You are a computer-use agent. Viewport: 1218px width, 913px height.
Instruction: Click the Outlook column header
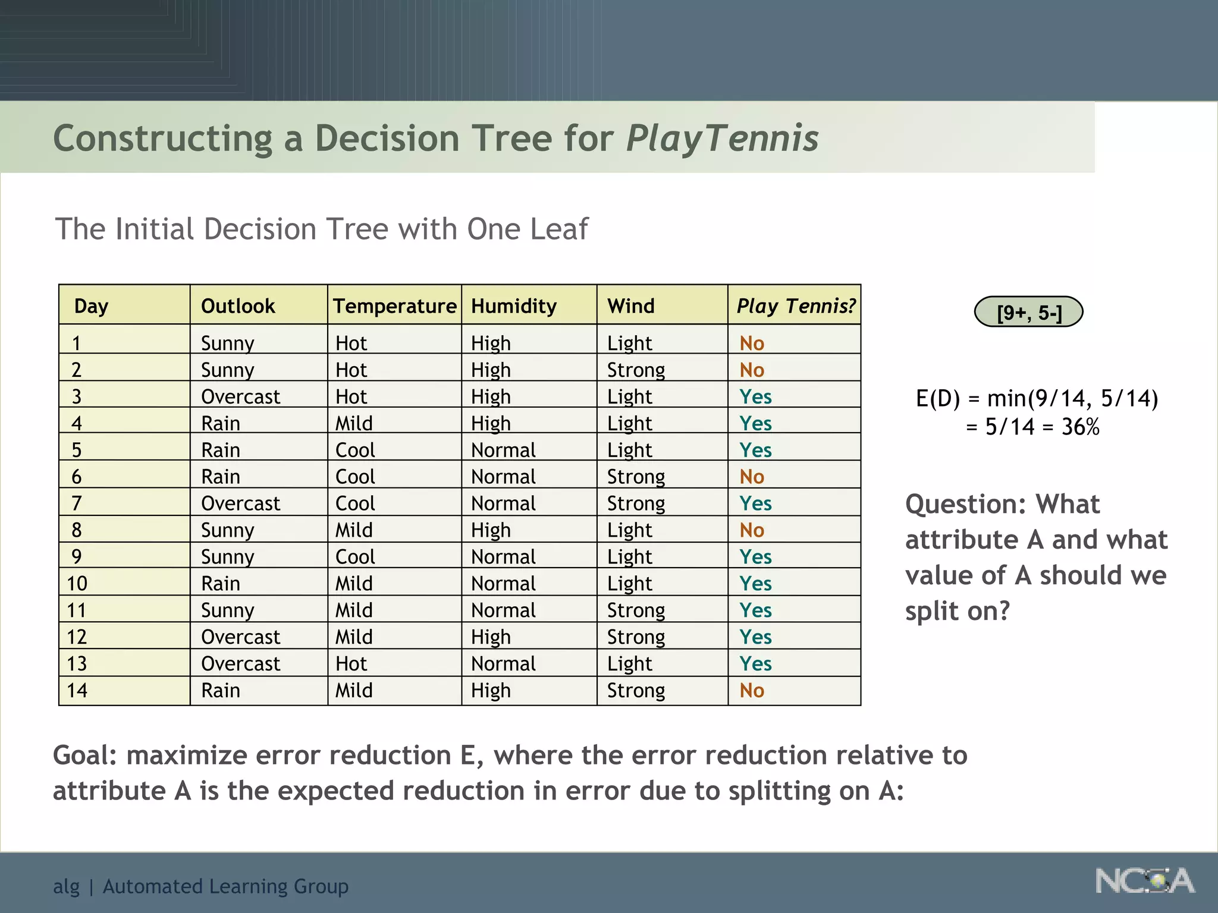(238, 306)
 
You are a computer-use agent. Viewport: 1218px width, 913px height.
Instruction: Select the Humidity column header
(514, 306)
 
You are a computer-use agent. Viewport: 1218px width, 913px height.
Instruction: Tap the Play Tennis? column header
(795, 306)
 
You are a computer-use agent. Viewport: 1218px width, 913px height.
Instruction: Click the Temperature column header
(394, 306)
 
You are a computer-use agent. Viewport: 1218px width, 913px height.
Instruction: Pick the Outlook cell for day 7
(240, 503)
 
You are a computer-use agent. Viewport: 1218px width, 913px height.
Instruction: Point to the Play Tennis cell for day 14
(752, 691)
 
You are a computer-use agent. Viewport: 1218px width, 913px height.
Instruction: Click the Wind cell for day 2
(636, 370)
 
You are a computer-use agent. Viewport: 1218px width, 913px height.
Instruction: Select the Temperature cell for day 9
(355, 557)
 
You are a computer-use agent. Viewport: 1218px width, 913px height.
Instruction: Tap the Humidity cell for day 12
(491, 637)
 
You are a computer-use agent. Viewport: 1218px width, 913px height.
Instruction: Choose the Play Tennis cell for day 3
(755, 397)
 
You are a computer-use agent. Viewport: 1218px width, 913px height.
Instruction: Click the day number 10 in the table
(77, 584)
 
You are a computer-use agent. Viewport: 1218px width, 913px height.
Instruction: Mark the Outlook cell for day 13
(240, 664)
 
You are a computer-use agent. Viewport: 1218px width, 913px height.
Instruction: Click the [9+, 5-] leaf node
(1028, 312)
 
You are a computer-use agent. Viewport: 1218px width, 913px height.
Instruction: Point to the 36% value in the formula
(1080, 427)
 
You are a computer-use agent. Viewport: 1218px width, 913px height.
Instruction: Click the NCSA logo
(1144, 881)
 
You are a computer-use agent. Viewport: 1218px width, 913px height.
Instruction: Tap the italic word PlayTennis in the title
(722, 138)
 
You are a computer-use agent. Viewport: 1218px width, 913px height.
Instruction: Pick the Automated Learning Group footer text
(225, 886)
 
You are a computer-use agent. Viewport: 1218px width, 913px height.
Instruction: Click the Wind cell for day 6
(636, 477)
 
